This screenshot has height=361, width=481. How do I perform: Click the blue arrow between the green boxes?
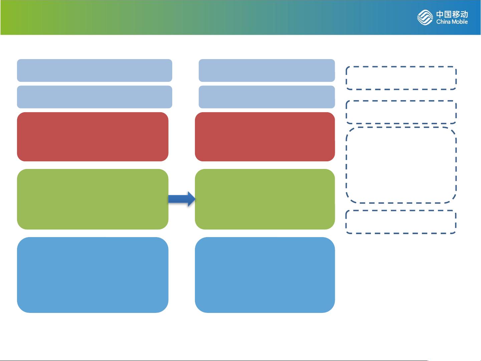pyautogui.click(x=182, y=199)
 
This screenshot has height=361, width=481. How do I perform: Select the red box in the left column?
pyautogui.click(x=93, y=137)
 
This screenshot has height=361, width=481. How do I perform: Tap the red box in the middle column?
pyautogui.click(x=265, y=137)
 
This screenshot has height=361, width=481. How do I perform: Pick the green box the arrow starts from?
pyautogui.click(x=93, y=199)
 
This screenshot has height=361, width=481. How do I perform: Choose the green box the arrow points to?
pyautogui.click(x=265, y=199)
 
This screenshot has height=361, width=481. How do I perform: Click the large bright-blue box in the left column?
pyautogui.click(x=93, y=275)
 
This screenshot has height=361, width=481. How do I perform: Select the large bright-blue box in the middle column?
pyautogui.click(x=265, y=275)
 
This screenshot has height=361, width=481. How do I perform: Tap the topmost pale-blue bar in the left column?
pyautogui.click(x=95, y=70)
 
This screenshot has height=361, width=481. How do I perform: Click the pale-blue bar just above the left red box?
pyautogui.click(x=95, y=97)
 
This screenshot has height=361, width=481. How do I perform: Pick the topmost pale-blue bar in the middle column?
pyautogui.click(x=267, y=70)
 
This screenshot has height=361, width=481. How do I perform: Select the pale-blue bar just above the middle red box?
pyautogui.click(x=267, y=97)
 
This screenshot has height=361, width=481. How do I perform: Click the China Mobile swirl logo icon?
pyautogui.click(x=425, y=17)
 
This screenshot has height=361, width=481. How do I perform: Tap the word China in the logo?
pyautogui.click(x=443, y=22)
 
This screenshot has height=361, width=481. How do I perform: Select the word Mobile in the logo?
pyautogui.click(x=460, y=22)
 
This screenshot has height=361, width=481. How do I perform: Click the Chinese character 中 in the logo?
pyautogui.click(x=440, y=14)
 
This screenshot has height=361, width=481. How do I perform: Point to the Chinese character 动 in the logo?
pyautogui.click(x=464, y=14)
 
